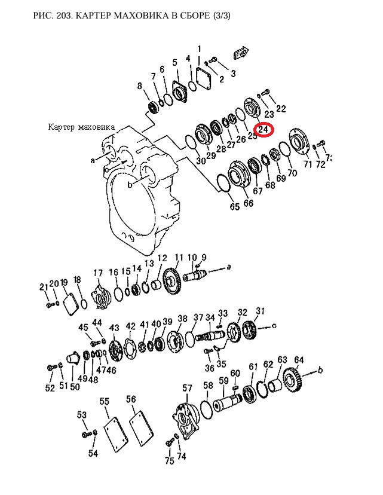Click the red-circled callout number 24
pos(263,130)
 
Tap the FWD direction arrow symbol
pos(241,53)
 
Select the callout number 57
pos(187,388)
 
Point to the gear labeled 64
pos(293,380)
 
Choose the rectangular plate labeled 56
pos(142,428)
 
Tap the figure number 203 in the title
pos(65,15)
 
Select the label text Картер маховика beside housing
pos(81,127)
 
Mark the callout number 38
pos(183,319)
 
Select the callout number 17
pos(98,273)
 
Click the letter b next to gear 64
pos(320,369)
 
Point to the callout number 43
pos(114,328)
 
